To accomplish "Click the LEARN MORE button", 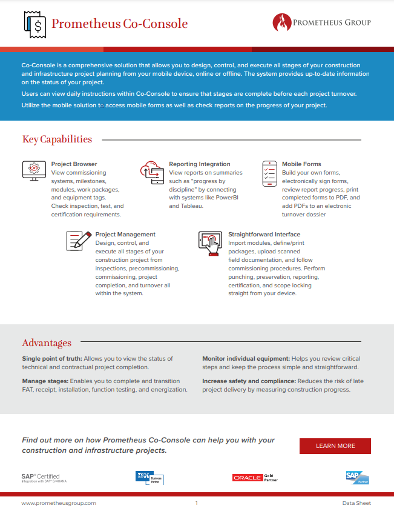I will click(x=335, y=446).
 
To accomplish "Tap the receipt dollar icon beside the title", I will click(x=35, y=24).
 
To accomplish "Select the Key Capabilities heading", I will click(x=57, y=139).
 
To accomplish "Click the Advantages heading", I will click(x=47, y=342).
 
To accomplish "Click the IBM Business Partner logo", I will click(x=149, y=478).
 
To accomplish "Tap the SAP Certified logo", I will click(x=41, y=478).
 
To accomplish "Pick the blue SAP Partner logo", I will click(x=357, y=478).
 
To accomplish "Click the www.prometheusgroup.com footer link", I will click(x=59, y=503).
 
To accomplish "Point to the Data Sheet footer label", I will click(x=356, y=503).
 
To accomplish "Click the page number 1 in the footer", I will click(x=197, y=503).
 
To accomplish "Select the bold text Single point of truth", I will click(x=50, y=359).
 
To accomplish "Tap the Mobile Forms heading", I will click(x=301, y=164).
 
